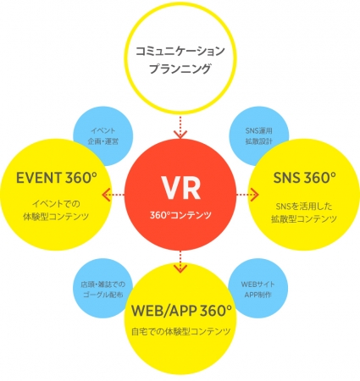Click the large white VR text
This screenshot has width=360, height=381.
pos(181,188)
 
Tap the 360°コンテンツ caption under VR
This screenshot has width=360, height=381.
pos(180,215)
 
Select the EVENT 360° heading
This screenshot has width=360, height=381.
pos(57,178)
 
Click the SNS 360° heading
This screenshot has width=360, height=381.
pos(305,178)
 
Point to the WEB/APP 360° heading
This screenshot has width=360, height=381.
pos(181,311)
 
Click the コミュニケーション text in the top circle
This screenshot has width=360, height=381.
pos(180,51)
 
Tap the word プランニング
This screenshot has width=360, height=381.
pos(180,69)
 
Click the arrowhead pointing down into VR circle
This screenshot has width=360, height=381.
pos(180,135)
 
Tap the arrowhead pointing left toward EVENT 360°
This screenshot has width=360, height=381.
pos(106,195)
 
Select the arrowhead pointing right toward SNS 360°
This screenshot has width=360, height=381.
pos(254,195)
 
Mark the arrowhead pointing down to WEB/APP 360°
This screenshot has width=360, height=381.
pos(180,268)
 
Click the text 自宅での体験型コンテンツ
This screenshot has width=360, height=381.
pos(181,331)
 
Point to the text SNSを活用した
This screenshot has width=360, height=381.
pos(304,207)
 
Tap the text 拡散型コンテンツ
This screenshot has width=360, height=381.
pos(304,219)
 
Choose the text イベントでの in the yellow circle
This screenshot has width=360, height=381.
pos(56,203)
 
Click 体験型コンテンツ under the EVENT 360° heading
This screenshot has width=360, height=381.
pos(56,217)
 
